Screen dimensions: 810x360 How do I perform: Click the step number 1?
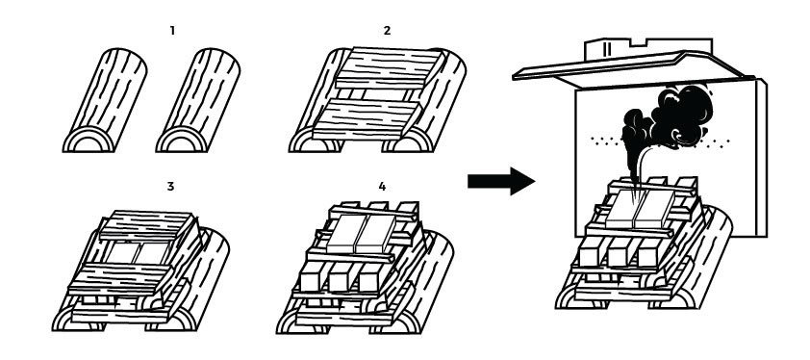coord(172,31)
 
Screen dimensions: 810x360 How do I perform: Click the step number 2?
coord(387,31)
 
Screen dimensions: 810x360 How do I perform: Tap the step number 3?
coord(170,186)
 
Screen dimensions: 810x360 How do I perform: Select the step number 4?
coord(382,186)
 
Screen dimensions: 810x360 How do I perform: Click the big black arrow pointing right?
coord(501,181)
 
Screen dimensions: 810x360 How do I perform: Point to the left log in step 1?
coord(105,100)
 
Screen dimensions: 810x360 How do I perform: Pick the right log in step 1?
coord(198,100)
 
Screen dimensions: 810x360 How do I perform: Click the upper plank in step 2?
coord(389,68)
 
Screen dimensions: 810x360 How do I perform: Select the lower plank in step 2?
coord(367,120)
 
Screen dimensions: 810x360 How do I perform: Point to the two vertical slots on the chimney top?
coord(607,49)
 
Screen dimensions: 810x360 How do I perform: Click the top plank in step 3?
coord(147,225)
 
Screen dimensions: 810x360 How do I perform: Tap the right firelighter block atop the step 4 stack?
coord(376,234)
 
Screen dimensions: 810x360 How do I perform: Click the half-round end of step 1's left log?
coord(88,140)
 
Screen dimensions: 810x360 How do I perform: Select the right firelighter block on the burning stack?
coord(655,209)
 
